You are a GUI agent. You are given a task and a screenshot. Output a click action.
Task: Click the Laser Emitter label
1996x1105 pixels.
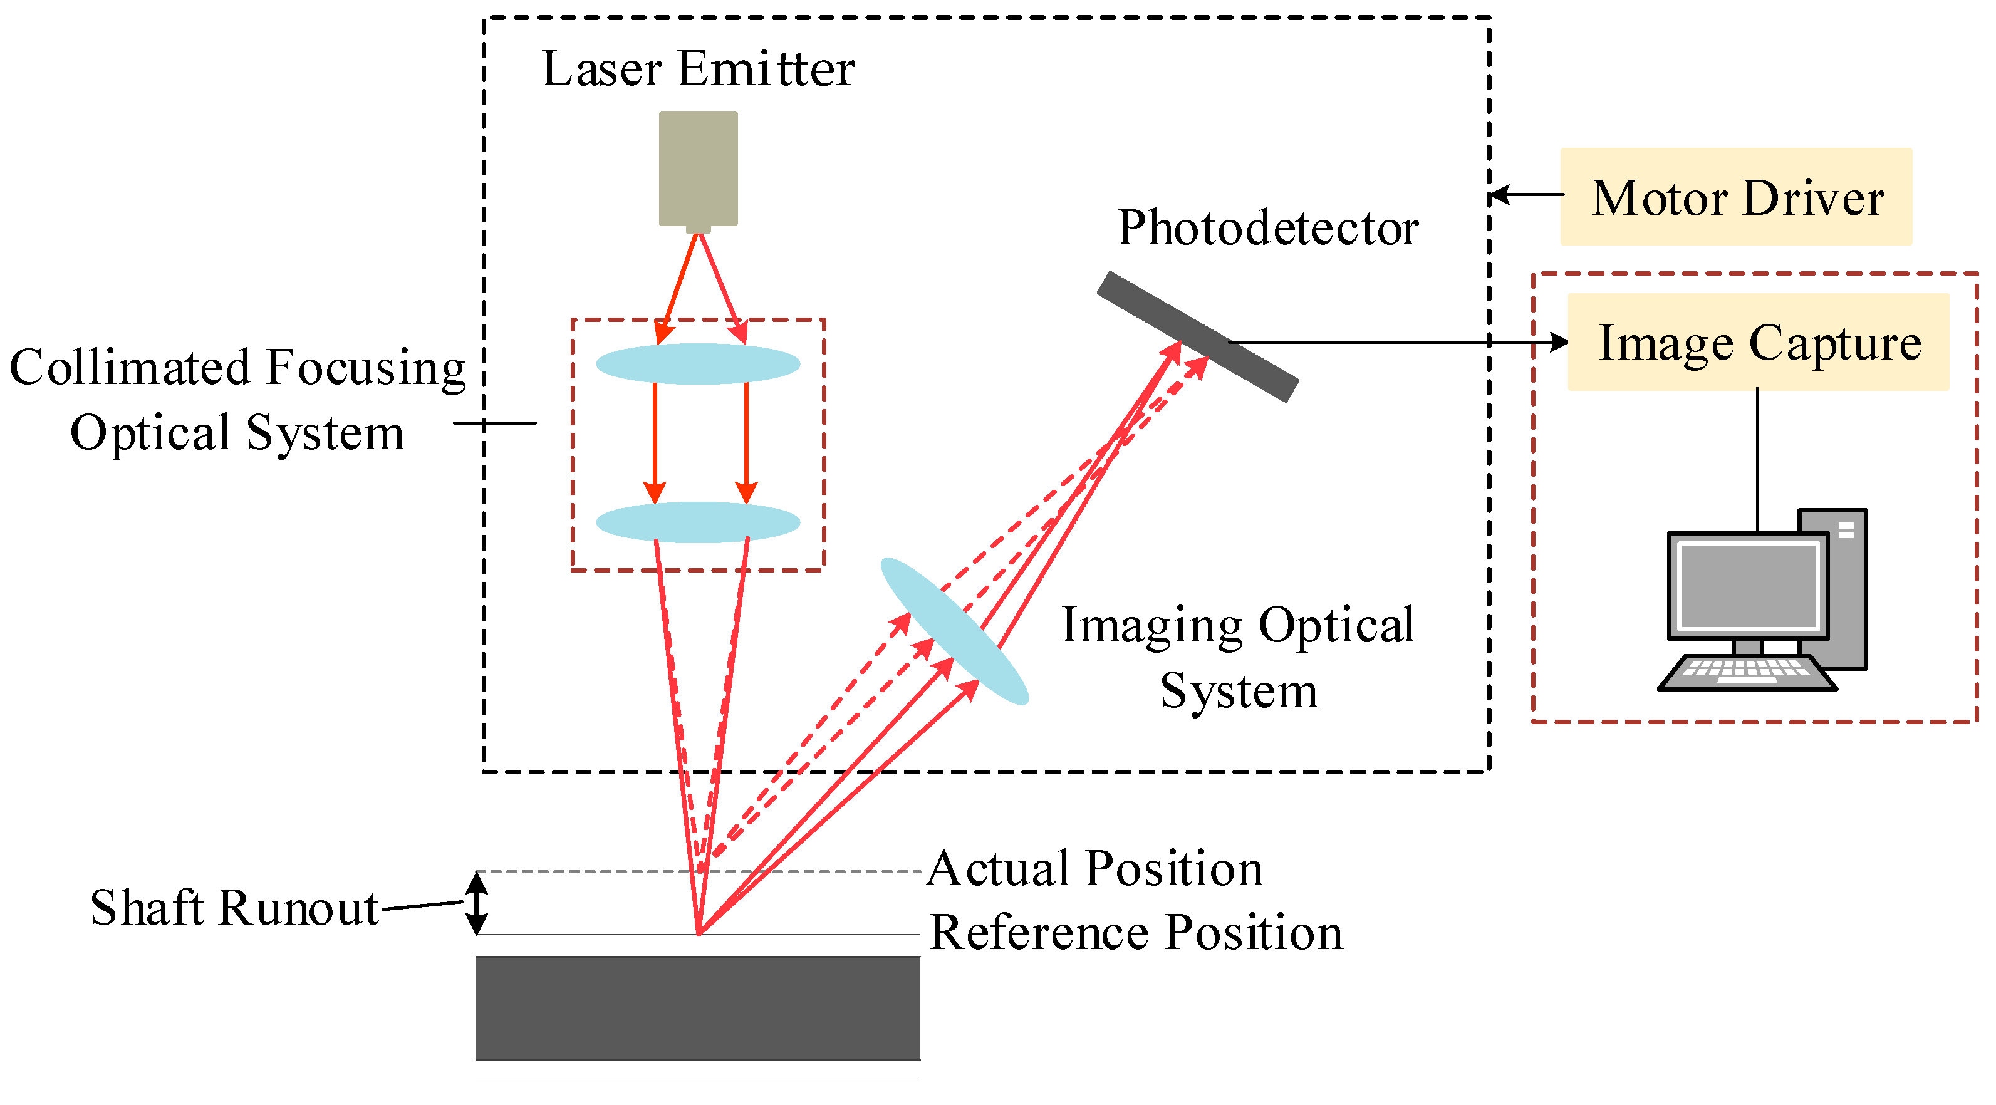(x=697, y=69)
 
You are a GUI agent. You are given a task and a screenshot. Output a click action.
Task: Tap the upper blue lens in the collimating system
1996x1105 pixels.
(x=697, y=363)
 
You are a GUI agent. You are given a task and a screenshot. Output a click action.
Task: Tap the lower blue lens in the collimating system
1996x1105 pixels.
(x=697, y=522)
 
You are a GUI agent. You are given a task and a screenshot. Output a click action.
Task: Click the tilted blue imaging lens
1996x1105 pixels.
(x=954, y=631)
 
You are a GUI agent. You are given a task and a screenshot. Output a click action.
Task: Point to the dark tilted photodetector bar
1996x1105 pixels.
(x=1197, y=336)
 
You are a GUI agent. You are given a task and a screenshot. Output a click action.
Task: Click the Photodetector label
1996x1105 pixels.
(x=1267, y=228)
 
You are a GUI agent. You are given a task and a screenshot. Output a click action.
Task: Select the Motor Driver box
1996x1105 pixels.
(x=1735, y=197)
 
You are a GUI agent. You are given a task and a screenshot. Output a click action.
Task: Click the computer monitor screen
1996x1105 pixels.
(x=1747, y=585)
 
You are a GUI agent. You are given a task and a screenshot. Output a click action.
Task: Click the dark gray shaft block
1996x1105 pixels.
(x=697, y=1007)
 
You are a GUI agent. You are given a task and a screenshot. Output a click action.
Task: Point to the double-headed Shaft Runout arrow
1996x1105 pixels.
(x=477, y=903)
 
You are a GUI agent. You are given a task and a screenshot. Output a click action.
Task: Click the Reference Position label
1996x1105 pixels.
(x=1136, y=932)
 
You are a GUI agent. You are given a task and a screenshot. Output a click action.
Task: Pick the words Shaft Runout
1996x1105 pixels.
(x=234, y=908)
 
